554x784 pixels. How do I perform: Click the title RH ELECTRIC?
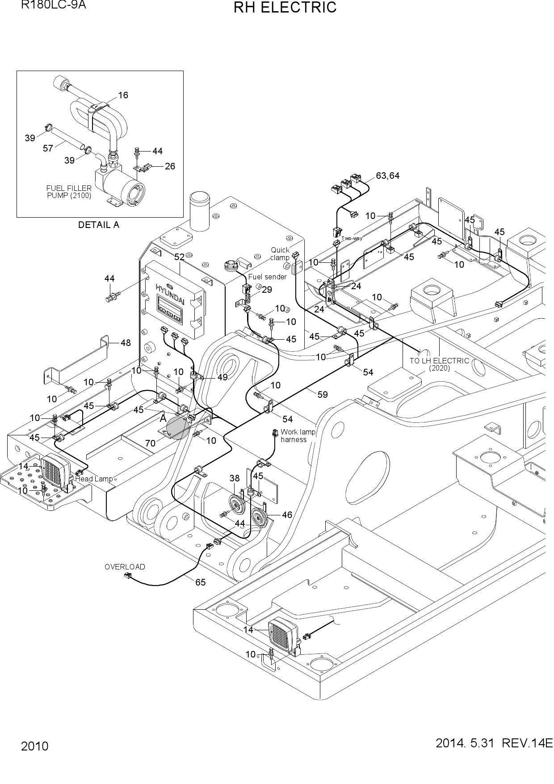285,8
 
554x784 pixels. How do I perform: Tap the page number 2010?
34,746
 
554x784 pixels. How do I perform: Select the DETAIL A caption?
99,225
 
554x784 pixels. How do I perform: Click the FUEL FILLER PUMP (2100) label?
69,192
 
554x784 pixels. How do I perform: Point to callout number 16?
123,95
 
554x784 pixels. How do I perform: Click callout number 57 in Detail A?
48,148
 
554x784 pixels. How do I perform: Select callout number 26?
170,166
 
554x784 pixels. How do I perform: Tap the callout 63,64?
388,176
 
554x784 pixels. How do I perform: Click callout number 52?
179,257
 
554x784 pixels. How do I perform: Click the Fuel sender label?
267,277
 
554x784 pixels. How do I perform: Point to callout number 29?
267,290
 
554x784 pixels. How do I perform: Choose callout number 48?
126,343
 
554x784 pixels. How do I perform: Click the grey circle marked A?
177,428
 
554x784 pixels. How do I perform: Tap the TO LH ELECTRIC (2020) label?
439,364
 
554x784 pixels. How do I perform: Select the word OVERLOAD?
125,567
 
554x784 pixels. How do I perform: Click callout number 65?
201,582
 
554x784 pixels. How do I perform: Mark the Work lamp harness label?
298,436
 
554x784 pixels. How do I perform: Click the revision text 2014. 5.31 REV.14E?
494,743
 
